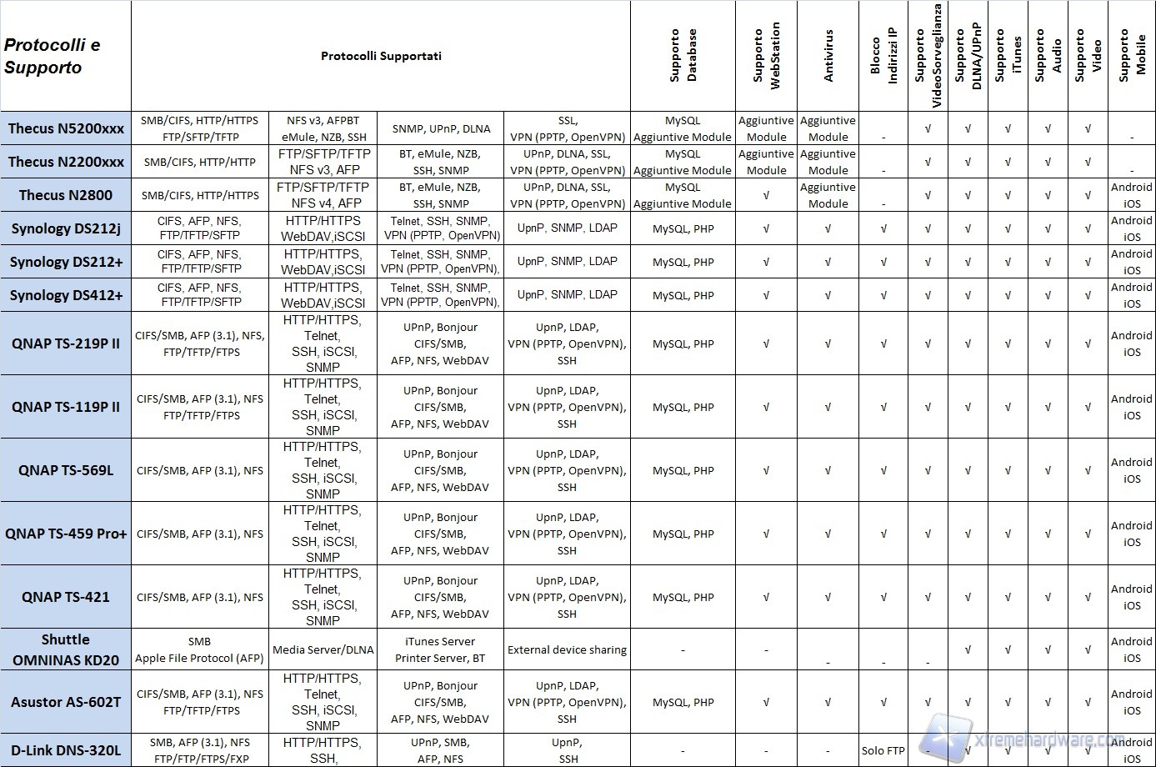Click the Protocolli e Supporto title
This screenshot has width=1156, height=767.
coord(52,56)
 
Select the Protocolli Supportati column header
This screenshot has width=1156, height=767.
coord(381,56)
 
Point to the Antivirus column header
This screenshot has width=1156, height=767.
coord(828,56)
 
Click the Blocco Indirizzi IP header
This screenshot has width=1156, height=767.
coord(883,56)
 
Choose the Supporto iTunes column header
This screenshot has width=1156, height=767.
coord(1008,56)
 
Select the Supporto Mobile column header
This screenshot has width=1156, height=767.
coord(1132,56)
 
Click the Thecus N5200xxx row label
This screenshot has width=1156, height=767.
coord(66,128)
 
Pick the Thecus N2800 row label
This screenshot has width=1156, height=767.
coord(66,195)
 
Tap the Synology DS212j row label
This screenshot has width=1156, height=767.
coord(66,228)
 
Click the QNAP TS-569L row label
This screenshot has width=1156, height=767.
coord(66,470)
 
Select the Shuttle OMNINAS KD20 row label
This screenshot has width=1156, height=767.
coord(66,649)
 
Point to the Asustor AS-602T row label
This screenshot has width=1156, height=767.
coord(66,702)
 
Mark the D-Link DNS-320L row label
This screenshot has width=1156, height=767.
coord(66,750)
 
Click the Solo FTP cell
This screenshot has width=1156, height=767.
coord(883,750)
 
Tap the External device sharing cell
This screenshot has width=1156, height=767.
coord(567,649)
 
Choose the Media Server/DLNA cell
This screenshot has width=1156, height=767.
coord(323,649)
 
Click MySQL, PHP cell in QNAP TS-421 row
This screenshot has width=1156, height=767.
coord(683,597)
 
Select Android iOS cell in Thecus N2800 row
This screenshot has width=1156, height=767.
coord(1132,195)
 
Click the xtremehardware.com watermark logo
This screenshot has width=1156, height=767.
coord(1033,739)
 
